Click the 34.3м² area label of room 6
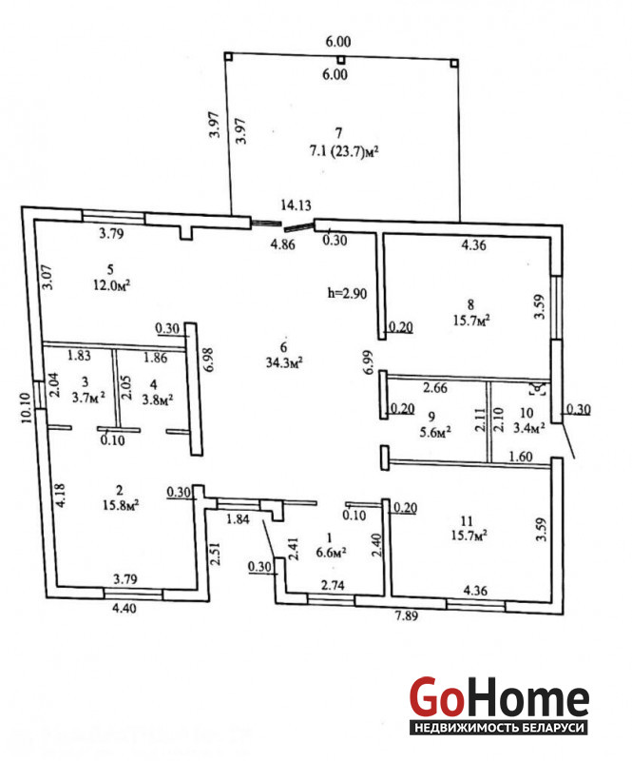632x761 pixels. coord(284,361)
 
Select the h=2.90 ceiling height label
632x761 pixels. coord(345,294)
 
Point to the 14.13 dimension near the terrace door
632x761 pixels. coord(296,204)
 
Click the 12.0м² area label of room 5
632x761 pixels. coord(111,284)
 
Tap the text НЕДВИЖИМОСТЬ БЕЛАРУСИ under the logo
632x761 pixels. coord(500,729)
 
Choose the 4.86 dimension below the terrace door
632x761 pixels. coord(282,245)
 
